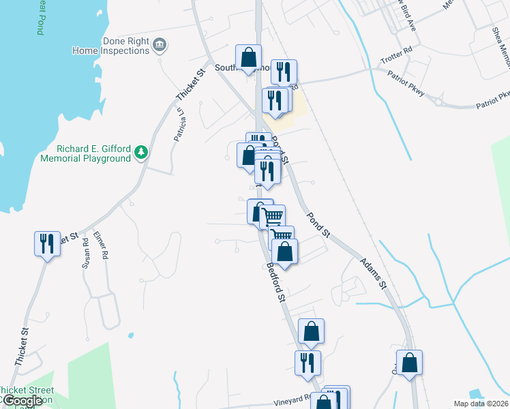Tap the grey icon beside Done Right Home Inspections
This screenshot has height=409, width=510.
click(160, 46)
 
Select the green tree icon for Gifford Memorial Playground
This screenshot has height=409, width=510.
click(141, 151)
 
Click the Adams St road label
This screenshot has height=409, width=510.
click(373, 272)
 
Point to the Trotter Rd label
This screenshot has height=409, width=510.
click(399, 51)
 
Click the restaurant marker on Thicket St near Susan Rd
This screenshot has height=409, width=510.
click(47, 243)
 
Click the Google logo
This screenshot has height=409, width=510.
click(22, 401)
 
